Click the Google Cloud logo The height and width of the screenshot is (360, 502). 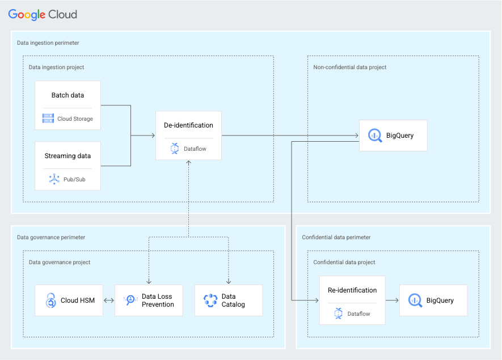coord(43,15)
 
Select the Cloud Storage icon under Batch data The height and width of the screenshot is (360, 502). coord(48,118)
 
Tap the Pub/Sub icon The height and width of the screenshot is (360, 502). coord(54,179)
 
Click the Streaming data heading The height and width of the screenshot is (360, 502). coord(68,156)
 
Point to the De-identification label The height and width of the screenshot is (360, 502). coord(188,125)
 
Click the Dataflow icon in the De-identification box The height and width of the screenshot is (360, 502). coord(174,149)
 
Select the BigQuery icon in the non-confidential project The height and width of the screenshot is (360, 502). coord(374,135)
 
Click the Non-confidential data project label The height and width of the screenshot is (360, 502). coord(349,67)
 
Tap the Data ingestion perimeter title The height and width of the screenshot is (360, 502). coord(48,43)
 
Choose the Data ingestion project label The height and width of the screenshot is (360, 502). coord(56,67)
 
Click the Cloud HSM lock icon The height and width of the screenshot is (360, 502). coord(50,300)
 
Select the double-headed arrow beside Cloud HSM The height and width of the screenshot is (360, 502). coord(108,300)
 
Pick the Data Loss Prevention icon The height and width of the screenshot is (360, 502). coord(130,300)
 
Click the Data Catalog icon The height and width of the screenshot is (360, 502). coord(210,300)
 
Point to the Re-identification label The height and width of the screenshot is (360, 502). coord(352,290)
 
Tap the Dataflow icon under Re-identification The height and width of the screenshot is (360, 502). coord(338,312)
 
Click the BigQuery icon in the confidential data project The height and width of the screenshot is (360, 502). coord(415,300)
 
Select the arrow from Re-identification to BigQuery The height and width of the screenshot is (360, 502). coord(392,300)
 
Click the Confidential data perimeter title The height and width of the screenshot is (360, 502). coord(336,238)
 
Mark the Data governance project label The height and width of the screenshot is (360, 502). coord(60,262)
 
